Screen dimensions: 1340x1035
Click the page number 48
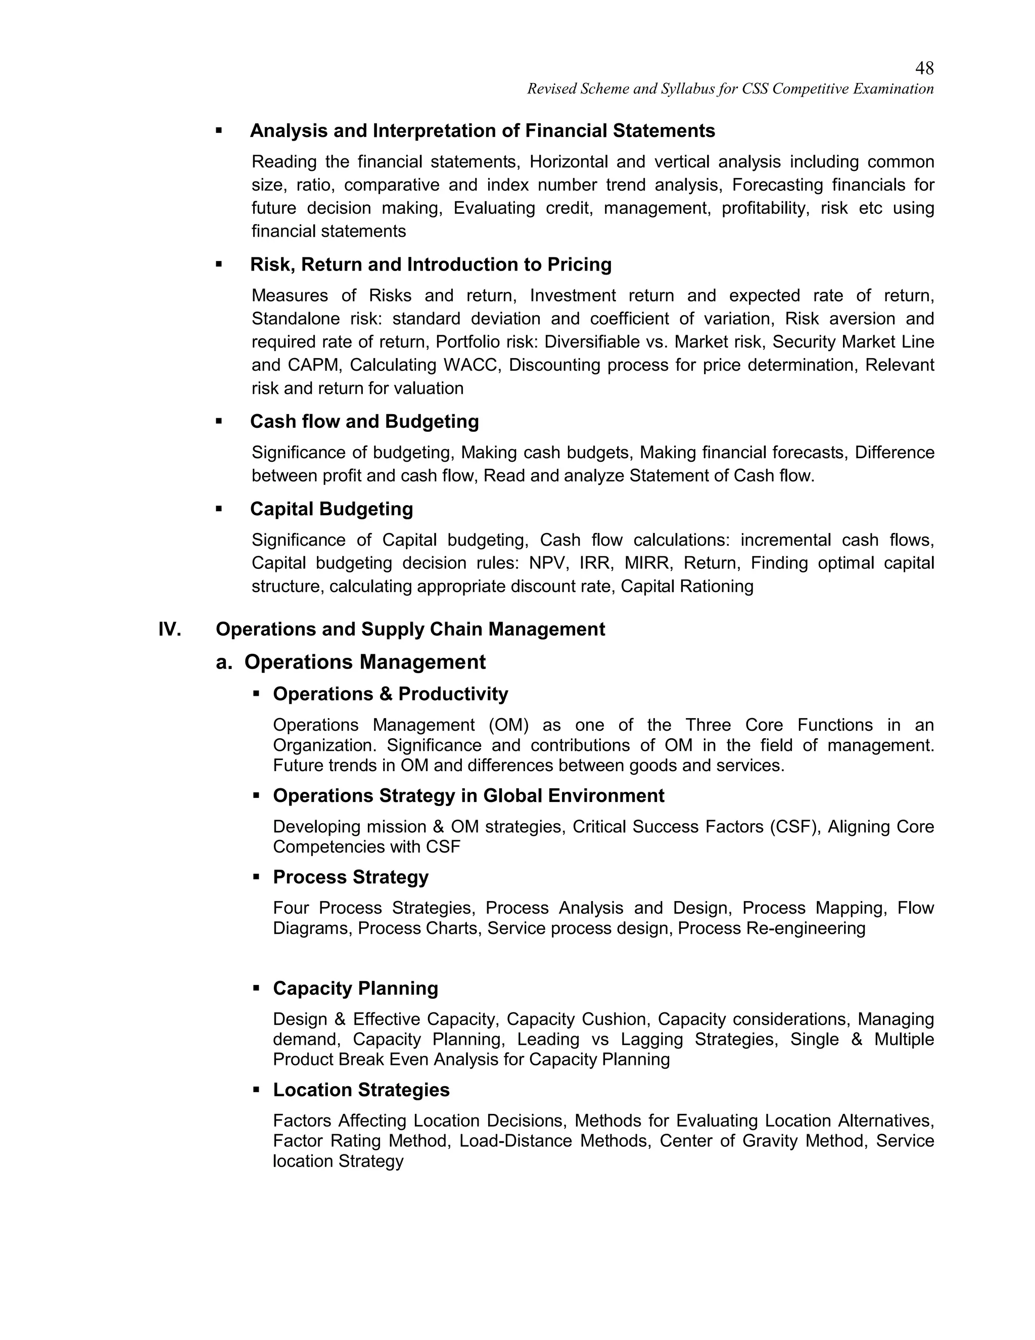[x=924, y=68]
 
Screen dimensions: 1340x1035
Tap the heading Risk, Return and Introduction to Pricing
[x=431, y=265]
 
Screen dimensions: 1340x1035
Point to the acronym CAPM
[x=313, y=366]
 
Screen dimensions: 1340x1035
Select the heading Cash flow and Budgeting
[x=364, y=422]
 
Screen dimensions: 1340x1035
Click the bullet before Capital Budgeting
[x=219, y=509]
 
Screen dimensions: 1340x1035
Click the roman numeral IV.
[x=169, y=630]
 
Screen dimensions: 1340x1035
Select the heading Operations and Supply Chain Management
[x=410, y=630]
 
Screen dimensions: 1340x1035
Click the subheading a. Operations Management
[x=351, y=662]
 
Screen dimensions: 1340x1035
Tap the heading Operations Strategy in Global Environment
[x=468, y=796]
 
